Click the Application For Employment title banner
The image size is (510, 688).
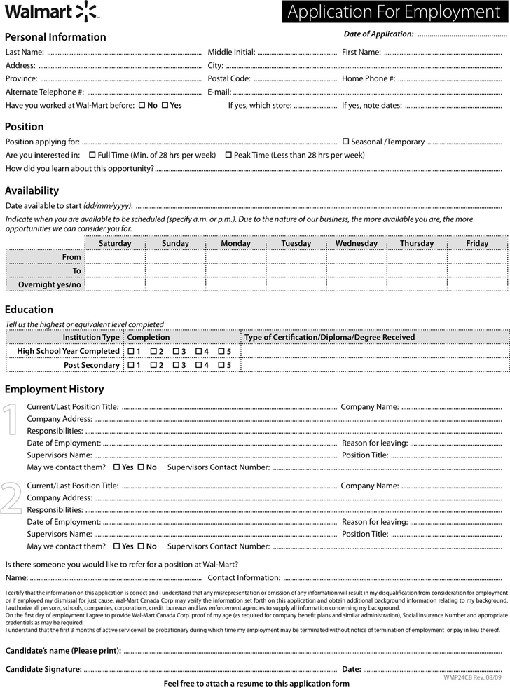pos(396,12)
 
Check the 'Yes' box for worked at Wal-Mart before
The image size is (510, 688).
pos(165,105)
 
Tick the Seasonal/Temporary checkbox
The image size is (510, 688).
pos(345,142)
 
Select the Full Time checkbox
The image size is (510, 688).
pos(92,155)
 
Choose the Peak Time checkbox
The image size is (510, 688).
pos(228,155)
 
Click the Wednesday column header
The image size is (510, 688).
pos(356,243)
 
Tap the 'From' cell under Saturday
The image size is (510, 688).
pos(115,257)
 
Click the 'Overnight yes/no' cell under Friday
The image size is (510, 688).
pos(477,284)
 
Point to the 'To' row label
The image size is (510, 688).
pos(77,270)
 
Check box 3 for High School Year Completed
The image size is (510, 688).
pos(176,351)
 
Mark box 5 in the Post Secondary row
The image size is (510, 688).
pos(221,365)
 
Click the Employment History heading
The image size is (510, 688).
pos(54,389)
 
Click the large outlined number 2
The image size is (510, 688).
pos(12,498)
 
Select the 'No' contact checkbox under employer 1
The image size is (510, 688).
pos(141,467)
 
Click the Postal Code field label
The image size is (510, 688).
pos(229,78)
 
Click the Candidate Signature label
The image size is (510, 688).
pos(43,669)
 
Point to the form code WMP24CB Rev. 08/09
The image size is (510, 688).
pos(473,678)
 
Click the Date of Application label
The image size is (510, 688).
pos(378,34)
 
